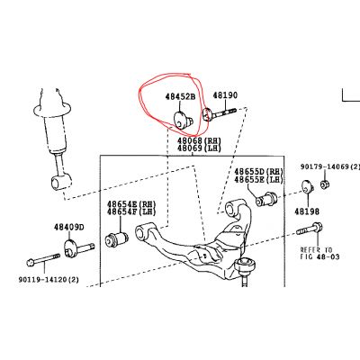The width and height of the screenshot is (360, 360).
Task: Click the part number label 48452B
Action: [180, 96]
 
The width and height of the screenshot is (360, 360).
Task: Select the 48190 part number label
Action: [225, 95]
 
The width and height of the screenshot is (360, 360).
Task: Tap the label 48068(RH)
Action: [199, 140]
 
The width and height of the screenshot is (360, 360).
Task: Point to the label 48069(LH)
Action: [199, 148]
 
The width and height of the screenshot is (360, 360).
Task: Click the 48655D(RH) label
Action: [258, 172]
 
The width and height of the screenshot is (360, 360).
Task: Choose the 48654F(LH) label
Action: [131, 211]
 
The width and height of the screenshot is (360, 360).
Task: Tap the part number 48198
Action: [307, 211]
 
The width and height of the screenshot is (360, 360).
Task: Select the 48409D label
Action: [69, 227]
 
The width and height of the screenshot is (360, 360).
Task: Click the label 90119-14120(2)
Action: [49, 280]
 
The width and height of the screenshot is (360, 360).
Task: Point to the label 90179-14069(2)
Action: [329, 166]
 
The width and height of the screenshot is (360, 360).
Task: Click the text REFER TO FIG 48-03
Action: [319, 253]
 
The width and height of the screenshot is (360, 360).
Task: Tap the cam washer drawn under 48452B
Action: [183, 120]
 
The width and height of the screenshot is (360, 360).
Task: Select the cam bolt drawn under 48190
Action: [220, 113]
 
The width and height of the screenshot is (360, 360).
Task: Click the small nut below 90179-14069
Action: [324, 184]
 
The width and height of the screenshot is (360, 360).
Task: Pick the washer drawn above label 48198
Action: [307, 187]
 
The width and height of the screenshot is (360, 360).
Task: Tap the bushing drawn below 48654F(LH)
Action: [117, 238]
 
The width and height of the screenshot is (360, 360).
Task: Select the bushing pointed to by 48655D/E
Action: [266, 198]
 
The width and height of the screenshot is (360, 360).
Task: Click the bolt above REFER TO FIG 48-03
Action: [310, 229]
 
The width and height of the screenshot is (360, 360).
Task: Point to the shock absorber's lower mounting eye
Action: [61, 183]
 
